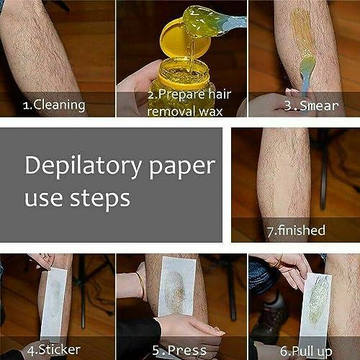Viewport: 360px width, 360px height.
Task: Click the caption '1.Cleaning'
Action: coord(54,104)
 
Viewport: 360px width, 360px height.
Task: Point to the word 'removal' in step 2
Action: coord(165,112)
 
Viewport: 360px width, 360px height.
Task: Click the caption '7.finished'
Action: coord(296,230)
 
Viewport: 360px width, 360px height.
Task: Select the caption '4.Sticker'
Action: coord(56,351)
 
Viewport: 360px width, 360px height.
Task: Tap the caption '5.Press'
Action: coord(179,351)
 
